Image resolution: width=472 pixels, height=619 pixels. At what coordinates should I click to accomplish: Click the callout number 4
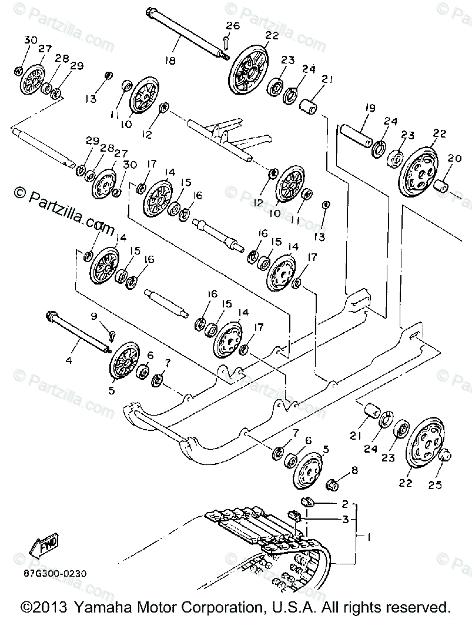(69, 359)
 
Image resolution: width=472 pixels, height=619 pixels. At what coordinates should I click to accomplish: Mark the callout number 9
(93, 317)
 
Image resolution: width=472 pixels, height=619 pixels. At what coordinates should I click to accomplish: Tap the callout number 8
(354, 470)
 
